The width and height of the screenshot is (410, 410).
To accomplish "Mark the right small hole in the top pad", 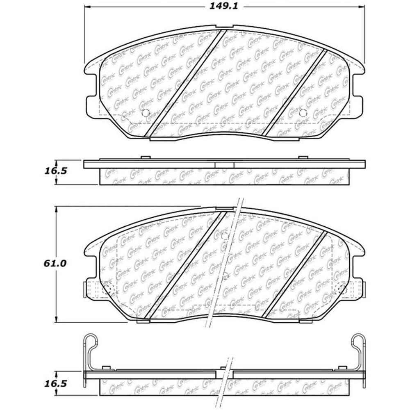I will [303, 114].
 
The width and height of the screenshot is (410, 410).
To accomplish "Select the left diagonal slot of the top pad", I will [185, 83].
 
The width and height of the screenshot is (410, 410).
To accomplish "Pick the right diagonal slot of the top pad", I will [294, 92].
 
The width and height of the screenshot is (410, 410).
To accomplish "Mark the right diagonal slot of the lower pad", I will [294, 274].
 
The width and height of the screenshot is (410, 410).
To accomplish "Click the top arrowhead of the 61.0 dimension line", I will [56, 209].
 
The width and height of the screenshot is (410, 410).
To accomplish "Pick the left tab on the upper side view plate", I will [145, 158].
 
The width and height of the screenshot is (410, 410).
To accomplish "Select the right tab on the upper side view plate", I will [303, 158].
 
